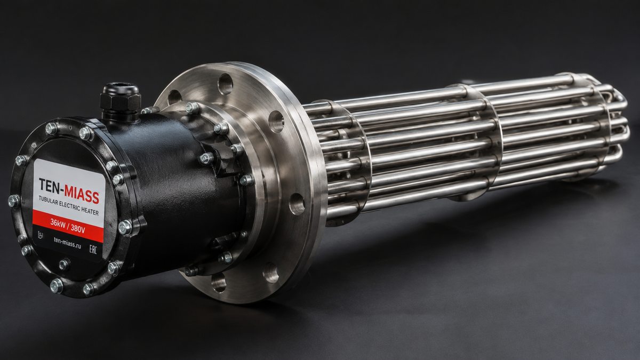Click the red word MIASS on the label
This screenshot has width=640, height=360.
tap(82, 194)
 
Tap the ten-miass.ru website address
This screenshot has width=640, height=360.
tap(67, 243)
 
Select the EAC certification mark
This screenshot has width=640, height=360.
tap(93, 249)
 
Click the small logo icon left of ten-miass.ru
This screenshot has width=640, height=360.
tap(41, 235)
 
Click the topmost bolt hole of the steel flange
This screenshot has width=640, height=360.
tap(225, 84)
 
